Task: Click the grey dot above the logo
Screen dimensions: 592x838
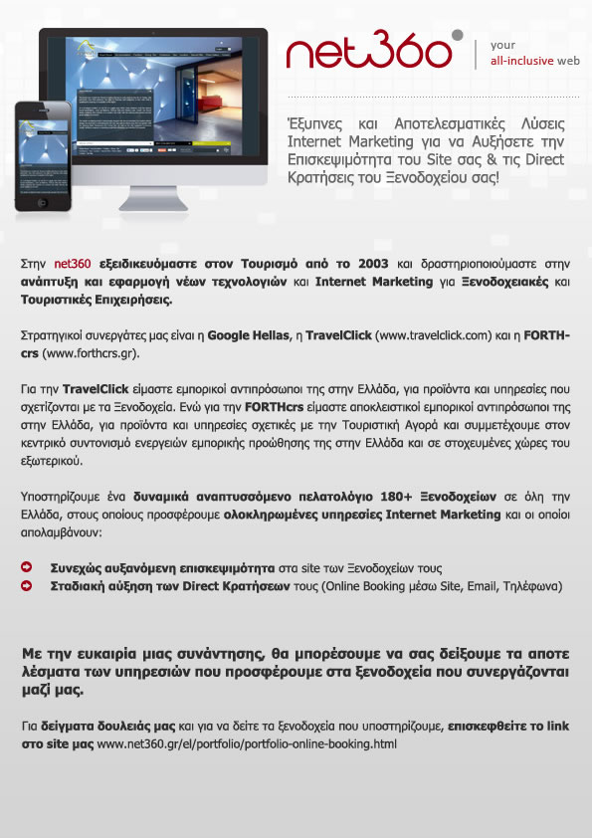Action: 457,35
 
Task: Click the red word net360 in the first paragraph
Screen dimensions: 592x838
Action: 73,264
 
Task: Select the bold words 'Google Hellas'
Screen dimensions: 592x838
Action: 244,336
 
